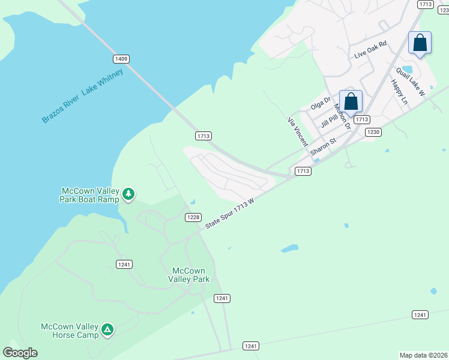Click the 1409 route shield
pyautogui.click(x=121, y=59)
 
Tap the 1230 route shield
pyautogui.click(x=373, y=132)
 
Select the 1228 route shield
pyautogui.click(x=193, y=217)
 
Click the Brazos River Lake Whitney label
pyautogui.click(x=82, y=96)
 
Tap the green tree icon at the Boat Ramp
pyautogui.click(x=128, y=194)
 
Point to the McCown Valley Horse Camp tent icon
pyautogui.click(x=107, y=329)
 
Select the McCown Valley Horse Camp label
pyautogui.click(x=70, y=331)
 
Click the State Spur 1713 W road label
pyautogui.click(x=230, y=214)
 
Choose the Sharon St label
pyautogui.click(x=324, y=148)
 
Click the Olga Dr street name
pyautogui.click(x=321, y=104)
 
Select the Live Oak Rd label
pyautogui.click(x=371, y=49)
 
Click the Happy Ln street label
pyautogui.click(x=399, y=92)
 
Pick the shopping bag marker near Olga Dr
pyautogui.click(x=351, y=101)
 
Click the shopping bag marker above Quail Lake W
pyautogui.click(x=420, y=43)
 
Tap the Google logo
pyautogui.click(x=20, y=353)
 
